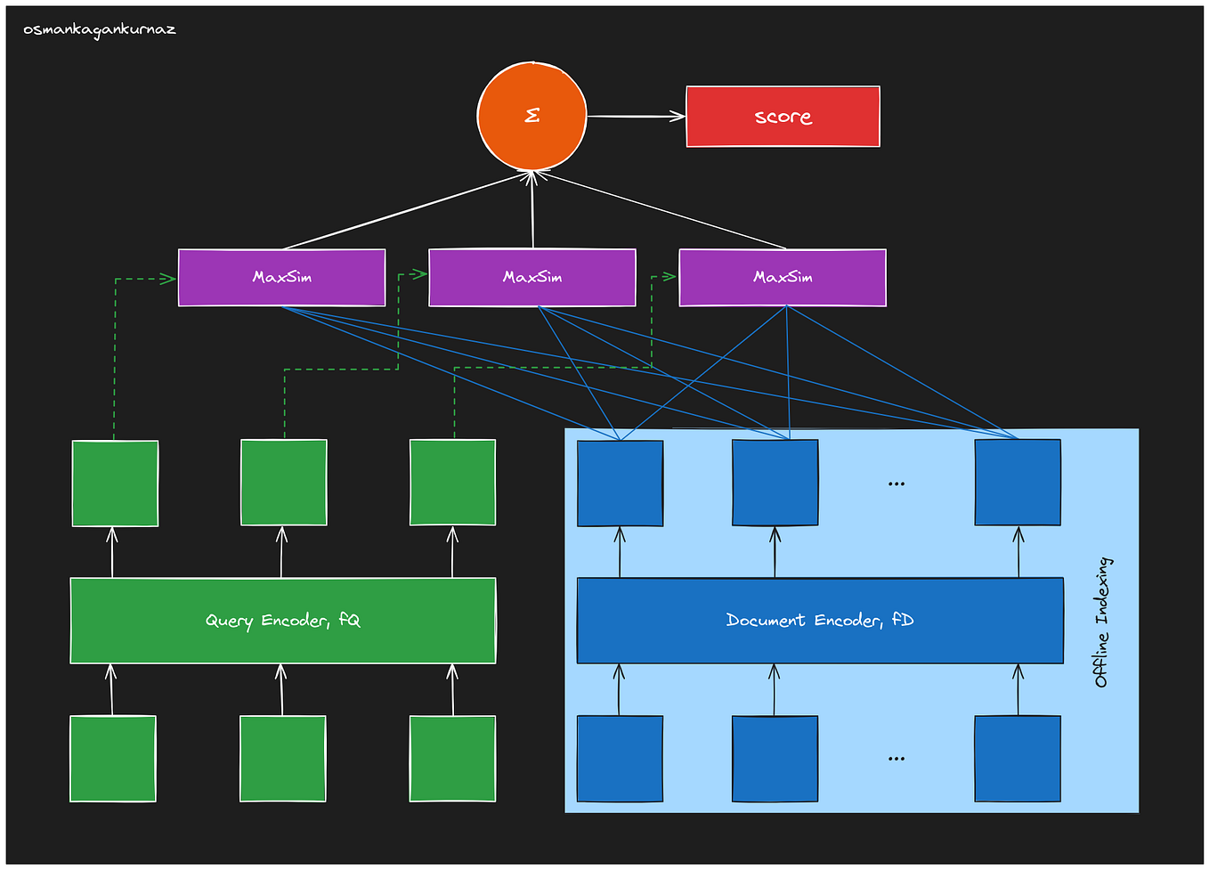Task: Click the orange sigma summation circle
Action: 531,116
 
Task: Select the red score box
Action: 783,117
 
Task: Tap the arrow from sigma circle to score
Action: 636,116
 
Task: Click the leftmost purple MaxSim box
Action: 281,277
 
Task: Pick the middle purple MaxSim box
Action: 532,277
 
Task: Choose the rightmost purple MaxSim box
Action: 783,277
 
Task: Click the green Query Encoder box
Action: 283,621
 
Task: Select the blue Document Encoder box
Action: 820,621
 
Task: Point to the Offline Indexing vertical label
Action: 1102,622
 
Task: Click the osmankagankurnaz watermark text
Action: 100,30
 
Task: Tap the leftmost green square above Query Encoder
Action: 115,484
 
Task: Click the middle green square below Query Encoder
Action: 283,759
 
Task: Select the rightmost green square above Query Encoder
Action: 452,483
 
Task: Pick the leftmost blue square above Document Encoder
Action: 620,484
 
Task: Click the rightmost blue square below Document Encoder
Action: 1018,759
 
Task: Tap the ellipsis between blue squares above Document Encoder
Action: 897,484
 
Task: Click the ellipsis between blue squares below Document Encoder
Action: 897,759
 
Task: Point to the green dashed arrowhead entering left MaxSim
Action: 168,279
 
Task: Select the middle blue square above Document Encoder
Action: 775,483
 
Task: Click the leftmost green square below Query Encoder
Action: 113,759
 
